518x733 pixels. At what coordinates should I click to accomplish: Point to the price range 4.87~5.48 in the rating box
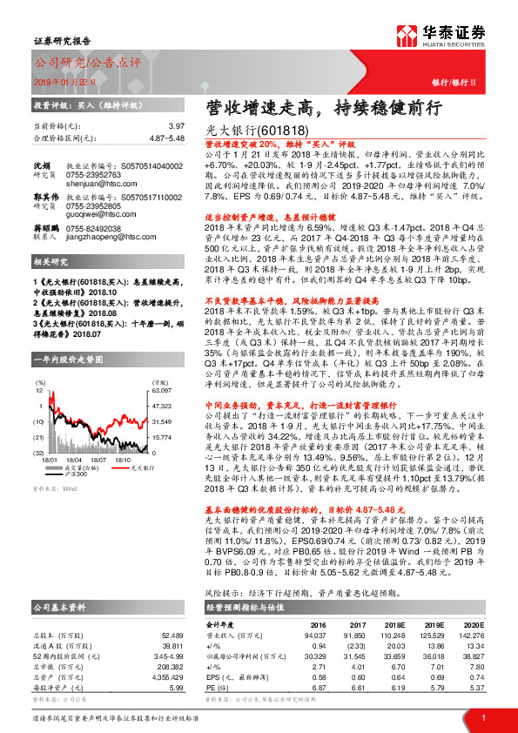(170, 138)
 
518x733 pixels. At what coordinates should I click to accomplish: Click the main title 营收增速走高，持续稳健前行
(325, 107)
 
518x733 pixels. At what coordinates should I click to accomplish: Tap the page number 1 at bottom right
(483, 717)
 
